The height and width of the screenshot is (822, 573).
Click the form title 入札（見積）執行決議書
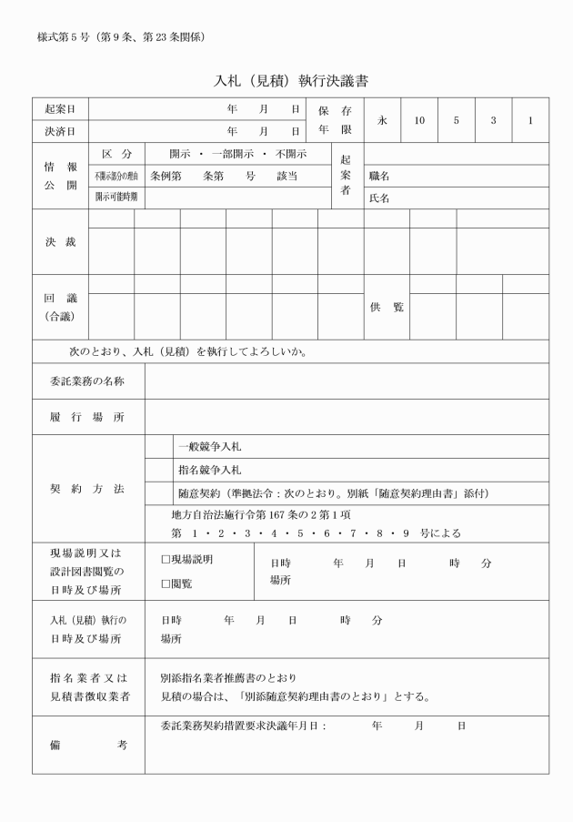point(290,81)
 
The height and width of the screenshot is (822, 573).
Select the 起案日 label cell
point(60,108)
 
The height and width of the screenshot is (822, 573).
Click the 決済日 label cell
point(60,130)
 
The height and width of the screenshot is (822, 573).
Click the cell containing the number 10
point(419,119)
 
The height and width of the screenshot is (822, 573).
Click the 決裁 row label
point(60,242)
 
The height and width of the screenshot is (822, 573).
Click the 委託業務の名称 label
point(87,381)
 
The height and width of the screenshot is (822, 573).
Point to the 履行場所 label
point(87,417)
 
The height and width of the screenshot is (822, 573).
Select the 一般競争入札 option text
point(209,447)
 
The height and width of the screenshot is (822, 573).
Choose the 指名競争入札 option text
point(209,470)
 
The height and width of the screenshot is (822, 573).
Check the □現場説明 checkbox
point(166,559)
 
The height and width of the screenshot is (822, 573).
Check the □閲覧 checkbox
point(166,584)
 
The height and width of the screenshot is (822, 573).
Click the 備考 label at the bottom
point(87,745)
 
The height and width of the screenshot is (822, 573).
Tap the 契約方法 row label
point(87,489)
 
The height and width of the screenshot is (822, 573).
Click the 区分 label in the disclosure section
point(116,153)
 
